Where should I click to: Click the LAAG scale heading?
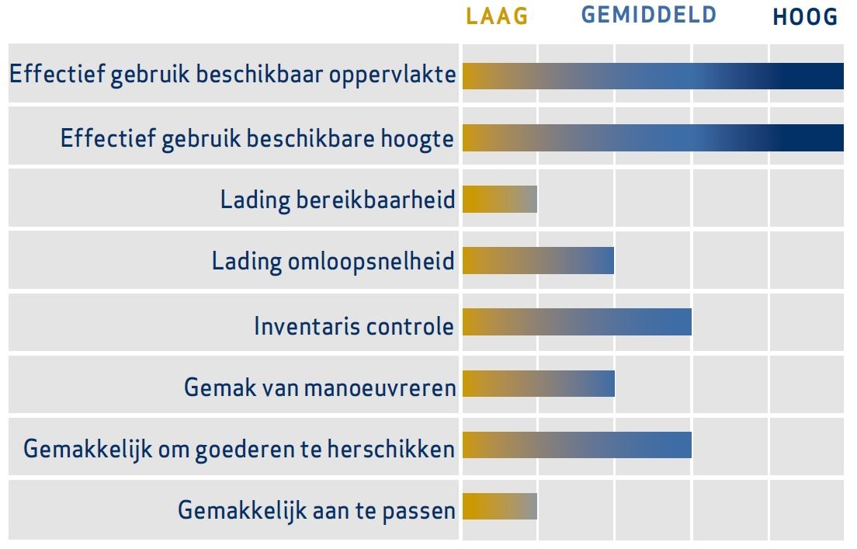pyautogui.click(x=497, y=16)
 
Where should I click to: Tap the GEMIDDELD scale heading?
pyautogui.click(x=649, y=15)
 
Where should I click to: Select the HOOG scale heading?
pyautogui.click(x=805, y=17)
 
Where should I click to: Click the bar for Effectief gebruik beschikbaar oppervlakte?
pyautogui.click(x=653, y=76)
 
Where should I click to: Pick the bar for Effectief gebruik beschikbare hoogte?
pyautogui.click(x=653, y=137)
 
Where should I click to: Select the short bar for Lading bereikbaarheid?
pyautogui.click(x=500, y=199)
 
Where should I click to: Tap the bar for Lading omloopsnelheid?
pyautogui.click(x=539, y=260)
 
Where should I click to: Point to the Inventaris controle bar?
pyautogui.click(x=578, y=322)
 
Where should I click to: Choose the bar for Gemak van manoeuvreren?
pyautogui.click(x=539, y=384)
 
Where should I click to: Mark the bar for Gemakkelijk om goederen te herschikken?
pyautogui.click(x=578, y=445)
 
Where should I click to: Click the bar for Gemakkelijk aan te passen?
pyautogui.click(x=500, y=506)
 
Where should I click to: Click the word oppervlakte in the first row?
pyautogui.click(x=393, y=75)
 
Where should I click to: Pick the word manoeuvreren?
pyautogui.click(x=380, y=387)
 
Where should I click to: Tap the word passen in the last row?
pyautogui.click(x=418, y=512)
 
